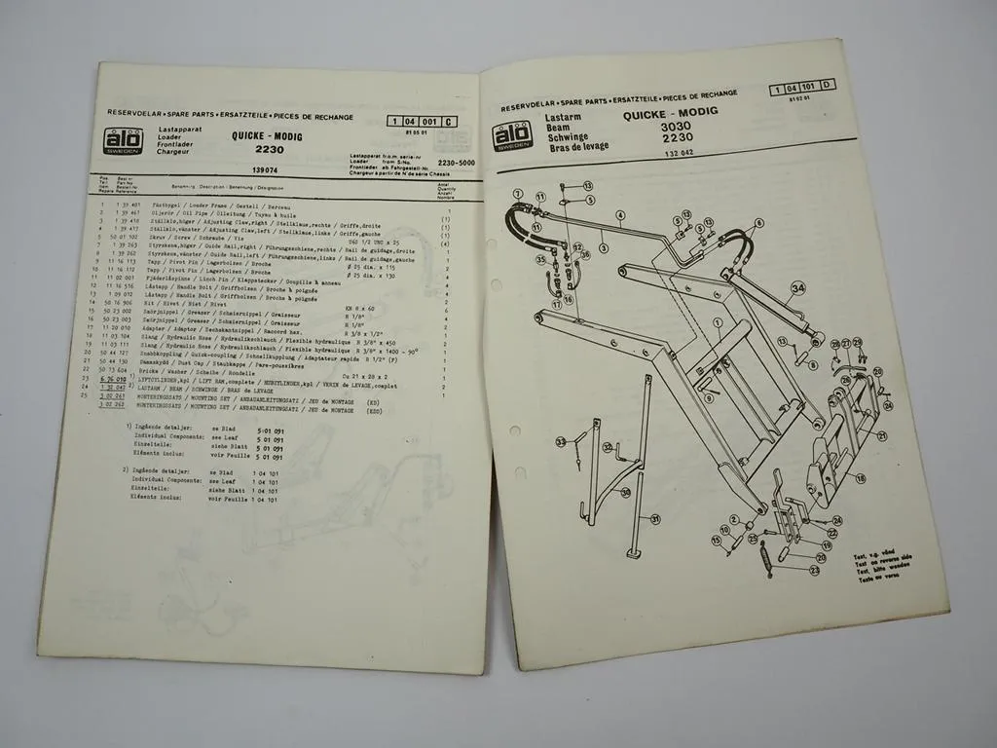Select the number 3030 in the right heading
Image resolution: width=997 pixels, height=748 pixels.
pyautogui.click(x=675, y=127)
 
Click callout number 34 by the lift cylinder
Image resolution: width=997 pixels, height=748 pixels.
pyautogui.click(x=797, y=287)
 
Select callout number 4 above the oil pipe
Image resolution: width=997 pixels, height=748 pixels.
pyautogui.click(x=619, y=214)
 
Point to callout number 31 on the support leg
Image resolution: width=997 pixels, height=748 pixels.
pyautogui.click(x=654, y=518)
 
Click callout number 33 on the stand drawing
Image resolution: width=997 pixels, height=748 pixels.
pyautogui.click(x=561, y=443)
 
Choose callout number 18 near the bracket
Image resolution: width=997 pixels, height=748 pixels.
pyautogui.click(x=861, y=478)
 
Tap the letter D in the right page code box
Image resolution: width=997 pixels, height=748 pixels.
pyautogui.click(x=828, y=86)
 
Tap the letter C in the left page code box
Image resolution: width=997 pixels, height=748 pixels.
pyautogui.click(x=448, y=122)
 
